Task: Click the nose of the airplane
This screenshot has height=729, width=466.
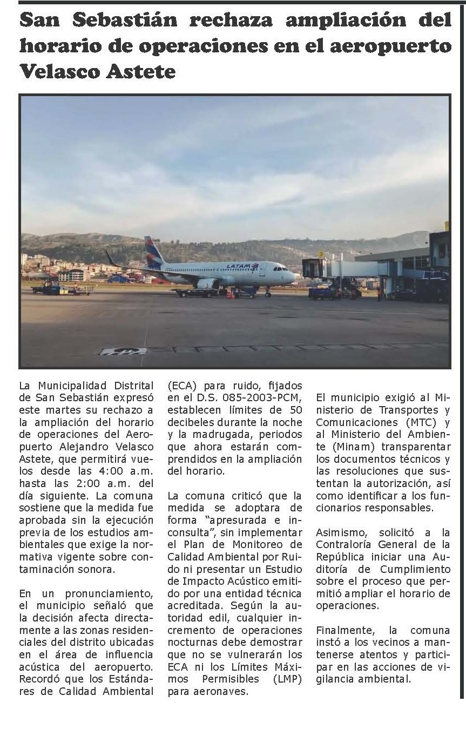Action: click(295, 276)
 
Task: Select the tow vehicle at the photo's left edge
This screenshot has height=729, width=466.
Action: click(46, 287)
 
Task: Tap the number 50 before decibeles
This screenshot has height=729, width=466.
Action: click(295, 410)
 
